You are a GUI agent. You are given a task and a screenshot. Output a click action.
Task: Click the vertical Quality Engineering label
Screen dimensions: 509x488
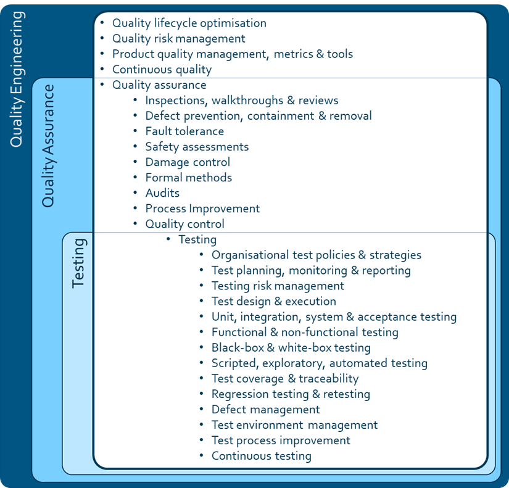[x=17, y=79]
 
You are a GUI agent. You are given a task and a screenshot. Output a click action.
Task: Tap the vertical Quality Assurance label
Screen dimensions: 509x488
[x=48, y=146]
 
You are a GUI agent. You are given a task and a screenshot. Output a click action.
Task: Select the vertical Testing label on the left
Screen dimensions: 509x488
[x=78, y=263]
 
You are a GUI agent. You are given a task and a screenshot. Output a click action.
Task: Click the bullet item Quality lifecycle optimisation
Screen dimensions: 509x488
[x=189, y=23]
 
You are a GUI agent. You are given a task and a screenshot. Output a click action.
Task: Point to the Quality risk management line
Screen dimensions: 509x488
[x=178, y=39]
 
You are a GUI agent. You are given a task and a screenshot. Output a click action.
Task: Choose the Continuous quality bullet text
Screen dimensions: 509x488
[x=162, y=70]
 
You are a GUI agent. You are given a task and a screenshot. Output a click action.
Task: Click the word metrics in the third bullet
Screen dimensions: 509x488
[x=293, y=54]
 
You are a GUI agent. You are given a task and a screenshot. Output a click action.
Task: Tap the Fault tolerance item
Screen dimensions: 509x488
[x=184, y=131]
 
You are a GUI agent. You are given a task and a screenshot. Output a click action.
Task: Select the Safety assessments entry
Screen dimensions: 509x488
[x=197, y=147]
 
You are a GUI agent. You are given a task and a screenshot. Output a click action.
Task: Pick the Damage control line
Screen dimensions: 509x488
[x=188, y=162]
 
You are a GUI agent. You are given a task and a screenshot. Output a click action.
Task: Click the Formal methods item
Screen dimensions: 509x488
[x=189, y=178]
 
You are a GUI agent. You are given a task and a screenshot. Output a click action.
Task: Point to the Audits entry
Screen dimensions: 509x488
[x=162, y=193]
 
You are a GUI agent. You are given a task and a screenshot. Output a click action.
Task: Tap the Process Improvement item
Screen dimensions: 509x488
[x=202, y=209]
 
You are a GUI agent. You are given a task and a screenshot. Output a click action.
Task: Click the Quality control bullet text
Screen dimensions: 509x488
[x=184, y=224]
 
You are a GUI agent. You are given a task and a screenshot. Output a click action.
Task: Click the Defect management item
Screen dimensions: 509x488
[x=265, y=410]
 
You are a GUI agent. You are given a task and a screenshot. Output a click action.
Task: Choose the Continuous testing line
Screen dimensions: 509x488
[x=262, y=456]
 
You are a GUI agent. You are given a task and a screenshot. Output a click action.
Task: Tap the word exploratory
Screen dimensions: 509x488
[x=294, y=363]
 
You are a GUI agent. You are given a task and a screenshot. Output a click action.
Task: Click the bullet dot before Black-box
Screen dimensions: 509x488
[x=202, y=348]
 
